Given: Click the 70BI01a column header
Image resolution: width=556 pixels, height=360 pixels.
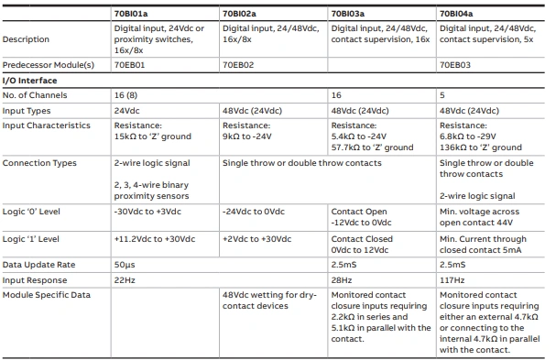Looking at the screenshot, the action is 135,14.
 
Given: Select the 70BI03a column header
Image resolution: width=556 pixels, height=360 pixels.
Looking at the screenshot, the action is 352,14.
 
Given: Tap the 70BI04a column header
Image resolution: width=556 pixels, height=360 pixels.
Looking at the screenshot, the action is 461,14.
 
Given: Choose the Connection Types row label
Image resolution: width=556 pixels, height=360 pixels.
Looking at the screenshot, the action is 39,163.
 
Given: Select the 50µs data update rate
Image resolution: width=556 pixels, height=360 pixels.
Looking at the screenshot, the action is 125,264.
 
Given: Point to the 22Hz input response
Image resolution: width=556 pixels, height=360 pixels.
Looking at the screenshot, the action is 125,278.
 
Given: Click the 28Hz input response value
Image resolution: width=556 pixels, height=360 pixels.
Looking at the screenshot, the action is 341,278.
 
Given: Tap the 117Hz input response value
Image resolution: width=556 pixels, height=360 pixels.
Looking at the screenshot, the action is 452,278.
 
